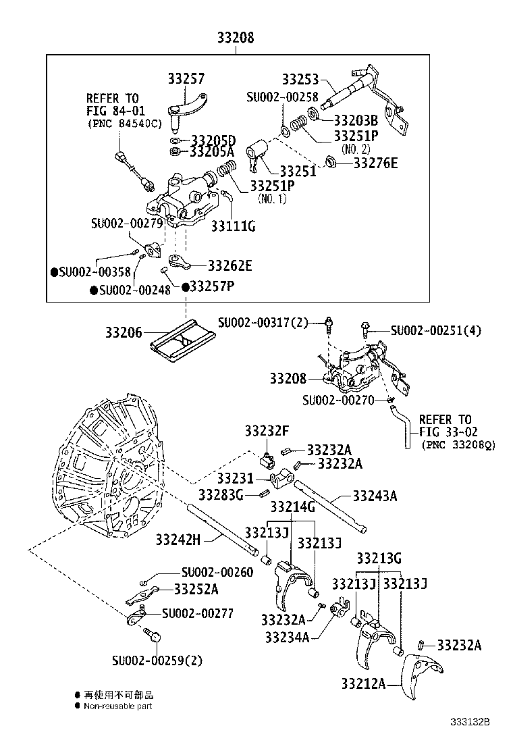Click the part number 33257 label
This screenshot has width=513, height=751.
186,79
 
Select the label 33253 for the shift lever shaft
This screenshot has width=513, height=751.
300,79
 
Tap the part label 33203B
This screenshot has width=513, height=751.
355,121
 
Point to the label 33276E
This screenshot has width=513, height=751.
376,163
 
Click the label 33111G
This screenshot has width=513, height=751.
233,226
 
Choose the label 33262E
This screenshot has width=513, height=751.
230,266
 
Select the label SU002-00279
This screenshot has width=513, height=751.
128,223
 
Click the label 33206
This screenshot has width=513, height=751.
124,332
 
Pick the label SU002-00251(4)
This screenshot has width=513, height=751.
435,330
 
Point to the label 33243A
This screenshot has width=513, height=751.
374,496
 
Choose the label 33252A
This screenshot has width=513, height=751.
196,589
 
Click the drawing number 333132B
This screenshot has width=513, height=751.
470,721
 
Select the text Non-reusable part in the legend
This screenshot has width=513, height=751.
117,706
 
